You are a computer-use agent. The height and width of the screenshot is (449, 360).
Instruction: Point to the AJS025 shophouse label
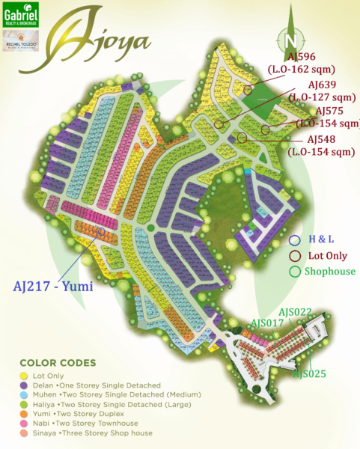[x=309, y=373]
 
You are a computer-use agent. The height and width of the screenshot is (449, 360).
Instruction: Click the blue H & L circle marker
[x=294, y=239]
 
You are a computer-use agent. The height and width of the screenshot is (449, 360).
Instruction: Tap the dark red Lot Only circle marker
[x=294, y=255]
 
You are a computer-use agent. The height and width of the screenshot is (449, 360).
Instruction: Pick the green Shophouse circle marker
[x=294, y=271]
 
